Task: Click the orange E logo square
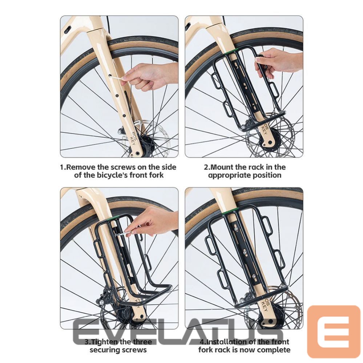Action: click(333, 331)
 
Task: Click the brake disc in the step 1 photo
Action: click(160, 131)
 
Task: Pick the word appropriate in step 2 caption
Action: click(229, 175)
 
